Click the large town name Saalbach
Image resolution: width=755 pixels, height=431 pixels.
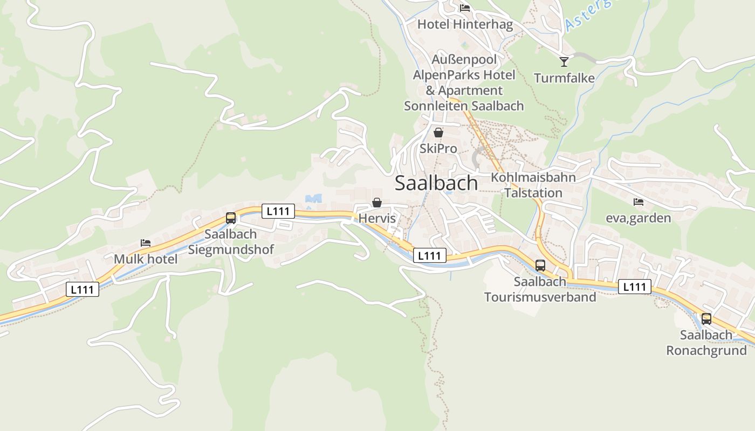[436, 183]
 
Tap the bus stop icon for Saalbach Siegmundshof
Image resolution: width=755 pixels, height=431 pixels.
[231, 218]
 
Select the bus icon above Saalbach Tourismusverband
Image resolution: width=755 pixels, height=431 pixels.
[540, 265]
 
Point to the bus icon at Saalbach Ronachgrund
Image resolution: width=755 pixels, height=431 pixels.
[706, 318]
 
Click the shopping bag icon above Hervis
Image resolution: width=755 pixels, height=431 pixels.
[377, 203]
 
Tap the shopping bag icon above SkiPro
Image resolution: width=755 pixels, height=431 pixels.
[438, 132]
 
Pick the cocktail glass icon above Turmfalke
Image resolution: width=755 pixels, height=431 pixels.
[564, 61]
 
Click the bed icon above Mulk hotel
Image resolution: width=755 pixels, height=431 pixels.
[146, 243]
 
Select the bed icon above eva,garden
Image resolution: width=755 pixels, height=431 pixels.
[639, 202]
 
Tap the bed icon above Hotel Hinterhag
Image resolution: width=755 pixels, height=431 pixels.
[465, 8]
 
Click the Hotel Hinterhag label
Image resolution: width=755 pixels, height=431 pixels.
[465, 24]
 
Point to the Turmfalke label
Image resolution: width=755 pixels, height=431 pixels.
[564, 78]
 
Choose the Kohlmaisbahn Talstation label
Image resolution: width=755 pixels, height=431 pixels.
[533, 185]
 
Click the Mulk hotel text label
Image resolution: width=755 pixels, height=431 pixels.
[146, 259]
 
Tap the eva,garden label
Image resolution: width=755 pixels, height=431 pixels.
[639, 218]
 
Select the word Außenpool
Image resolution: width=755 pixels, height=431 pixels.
[464, 59]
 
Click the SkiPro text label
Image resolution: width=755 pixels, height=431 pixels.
[438, 148]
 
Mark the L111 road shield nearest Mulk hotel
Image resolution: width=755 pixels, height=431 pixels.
[83, 289]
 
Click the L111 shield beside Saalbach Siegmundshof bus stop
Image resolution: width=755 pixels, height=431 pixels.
[278, 211]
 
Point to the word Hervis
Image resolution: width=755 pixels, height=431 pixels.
[377, 219]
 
